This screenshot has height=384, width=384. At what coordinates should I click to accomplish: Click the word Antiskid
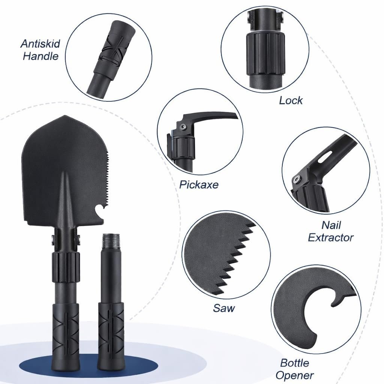[40, 44]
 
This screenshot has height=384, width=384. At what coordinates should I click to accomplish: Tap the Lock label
[291, 100]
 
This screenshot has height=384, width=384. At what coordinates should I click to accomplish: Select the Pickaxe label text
[199, 184]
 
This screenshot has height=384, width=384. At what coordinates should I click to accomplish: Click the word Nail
[331, 225]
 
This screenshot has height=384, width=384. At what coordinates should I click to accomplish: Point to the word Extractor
[331, 237]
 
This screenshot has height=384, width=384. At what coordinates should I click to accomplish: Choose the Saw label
[224, 308]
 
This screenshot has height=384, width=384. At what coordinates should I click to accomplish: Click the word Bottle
[295, 363]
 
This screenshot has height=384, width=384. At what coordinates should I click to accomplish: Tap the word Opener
[295, 375]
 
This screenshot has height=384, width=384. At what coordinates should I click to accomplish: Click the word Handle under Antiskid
[40, 56]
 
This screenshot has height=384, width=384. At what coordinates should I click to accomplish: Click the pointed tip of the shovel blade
[64, 115]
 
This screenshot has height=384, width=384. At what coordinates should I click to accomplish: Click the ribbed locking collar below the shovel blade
[66, 267]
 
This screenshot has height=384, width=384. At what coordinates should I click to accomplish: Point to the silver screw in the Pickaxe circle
[182, 126]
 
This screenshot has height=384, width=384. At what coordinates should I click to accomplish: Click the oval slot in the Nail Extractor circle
[325, 156]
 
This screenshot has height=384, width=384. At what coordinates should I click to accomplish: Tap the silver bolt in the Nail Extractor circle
[297, 180]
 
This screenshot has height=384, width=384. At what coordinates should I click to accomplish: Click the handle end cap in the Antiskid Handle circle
[124, 29]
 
